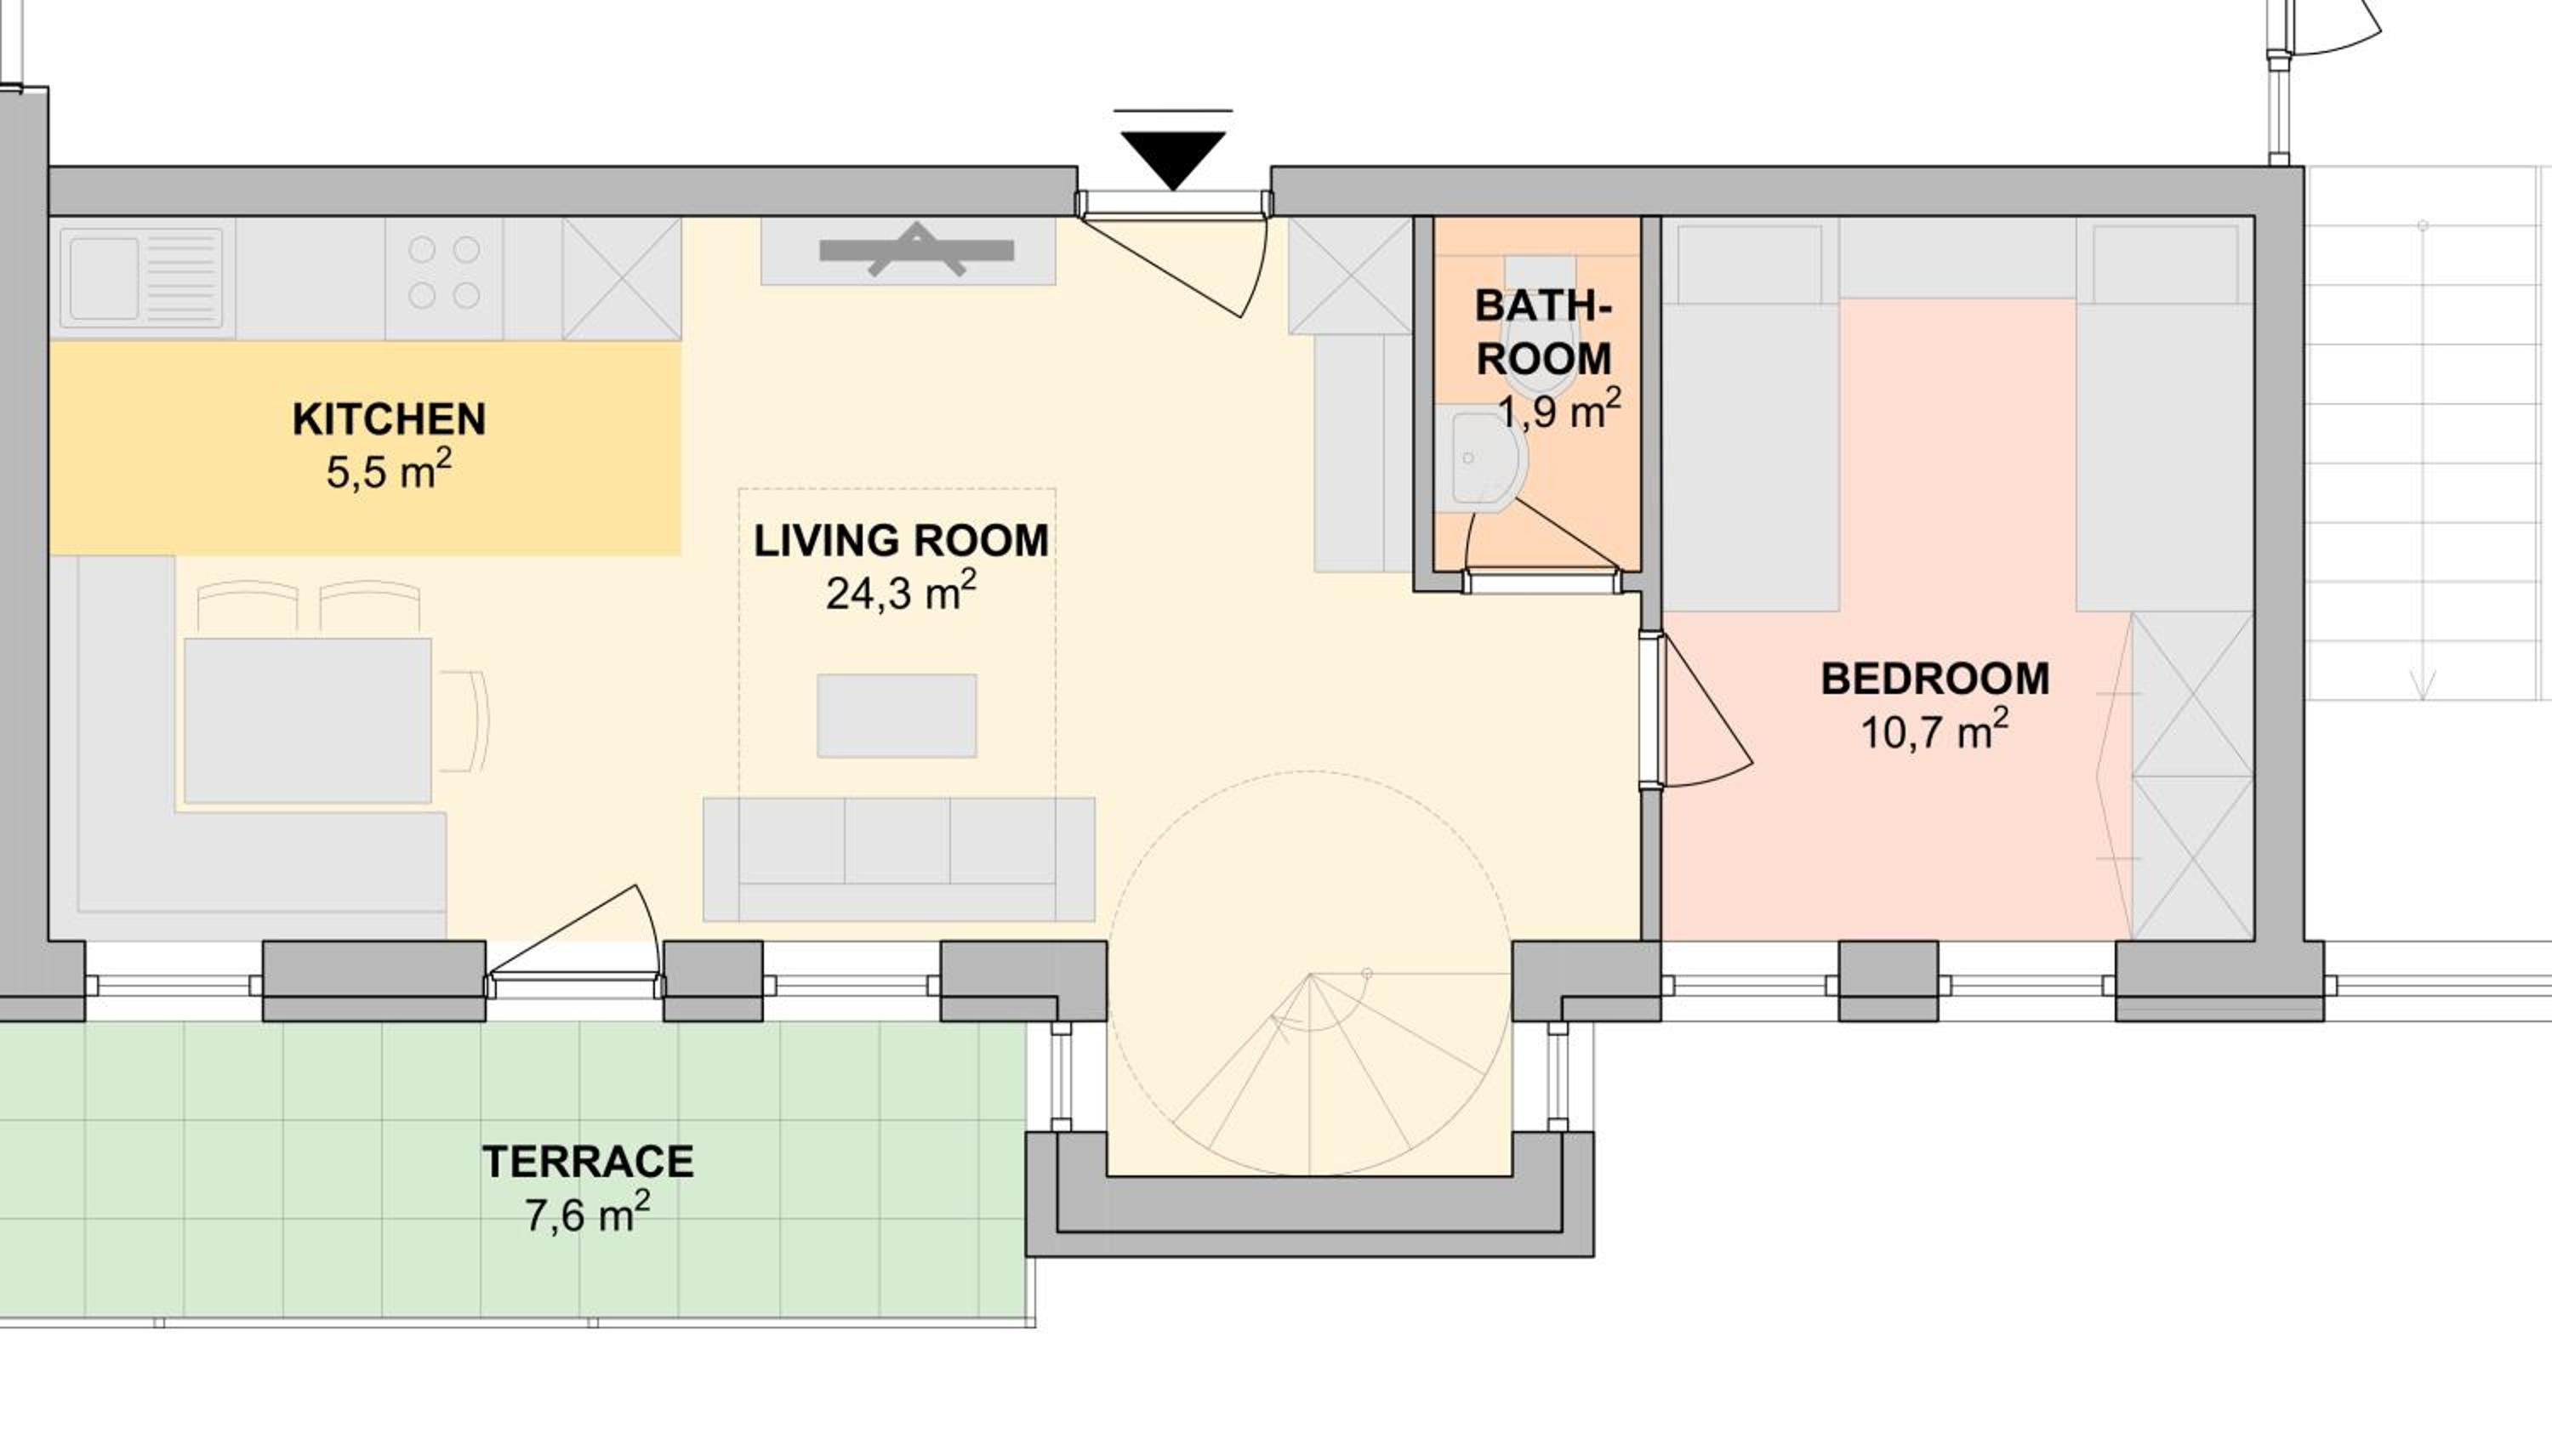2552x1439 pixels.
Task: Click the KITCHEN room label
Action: pyautogui.click(x=389, y=420)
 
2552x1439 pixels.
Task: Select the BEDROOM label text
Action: pyautogui.click(x=1934, y=680)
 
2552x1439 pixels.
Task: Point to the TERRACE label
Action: pyautogui.click(x=588, y=1162)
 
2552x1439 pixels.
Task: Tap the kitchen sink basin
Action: pyautogui.click(x=104, y=278)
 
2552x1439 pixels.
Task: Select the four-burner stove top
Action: pyautogui.click(x=444, y=272)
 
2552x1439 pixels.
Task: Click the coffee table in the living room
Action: pyautogui.click(x=897, y=716)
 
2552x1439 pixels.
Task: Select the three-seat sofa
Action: pyautogui.click(x=898, y=860)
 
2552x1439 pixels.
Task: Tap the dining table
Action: pyautogui.click(x=307, y=720)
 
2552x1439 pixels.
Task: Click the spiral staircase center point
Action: pyautogui.click(x=1310, y=975)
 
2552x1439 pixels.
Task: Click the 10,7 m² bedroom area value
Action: pyautogui.click(x=1934, y=732)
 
